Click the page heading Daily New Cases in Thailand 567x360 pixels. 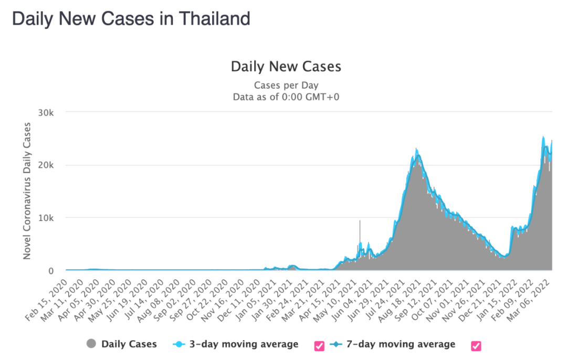click(x=131, y=19)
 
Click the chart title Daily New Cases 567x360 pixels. click(x=286, y=67)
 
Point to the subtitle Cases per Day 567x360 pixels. click(x=286, y=85)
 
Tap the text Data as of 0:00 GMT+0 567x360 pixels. click(x=286, y=97)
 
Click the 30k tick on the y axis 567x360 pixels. click(x=51, y=112)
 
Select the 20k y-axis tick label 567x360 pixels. click(x=51, y=165)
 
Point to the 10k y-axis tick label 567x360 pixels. click(x=51, y=218)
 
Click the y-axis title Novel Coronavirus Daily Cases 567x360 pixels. click(x=27, y=191)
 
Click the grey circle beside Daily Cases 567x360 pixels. click(x=91, y=344)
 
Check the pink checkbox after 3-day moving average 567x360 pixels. click(x=319, y=345)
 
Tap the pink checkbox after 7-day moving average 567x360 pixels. click(x=476, y=345)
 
